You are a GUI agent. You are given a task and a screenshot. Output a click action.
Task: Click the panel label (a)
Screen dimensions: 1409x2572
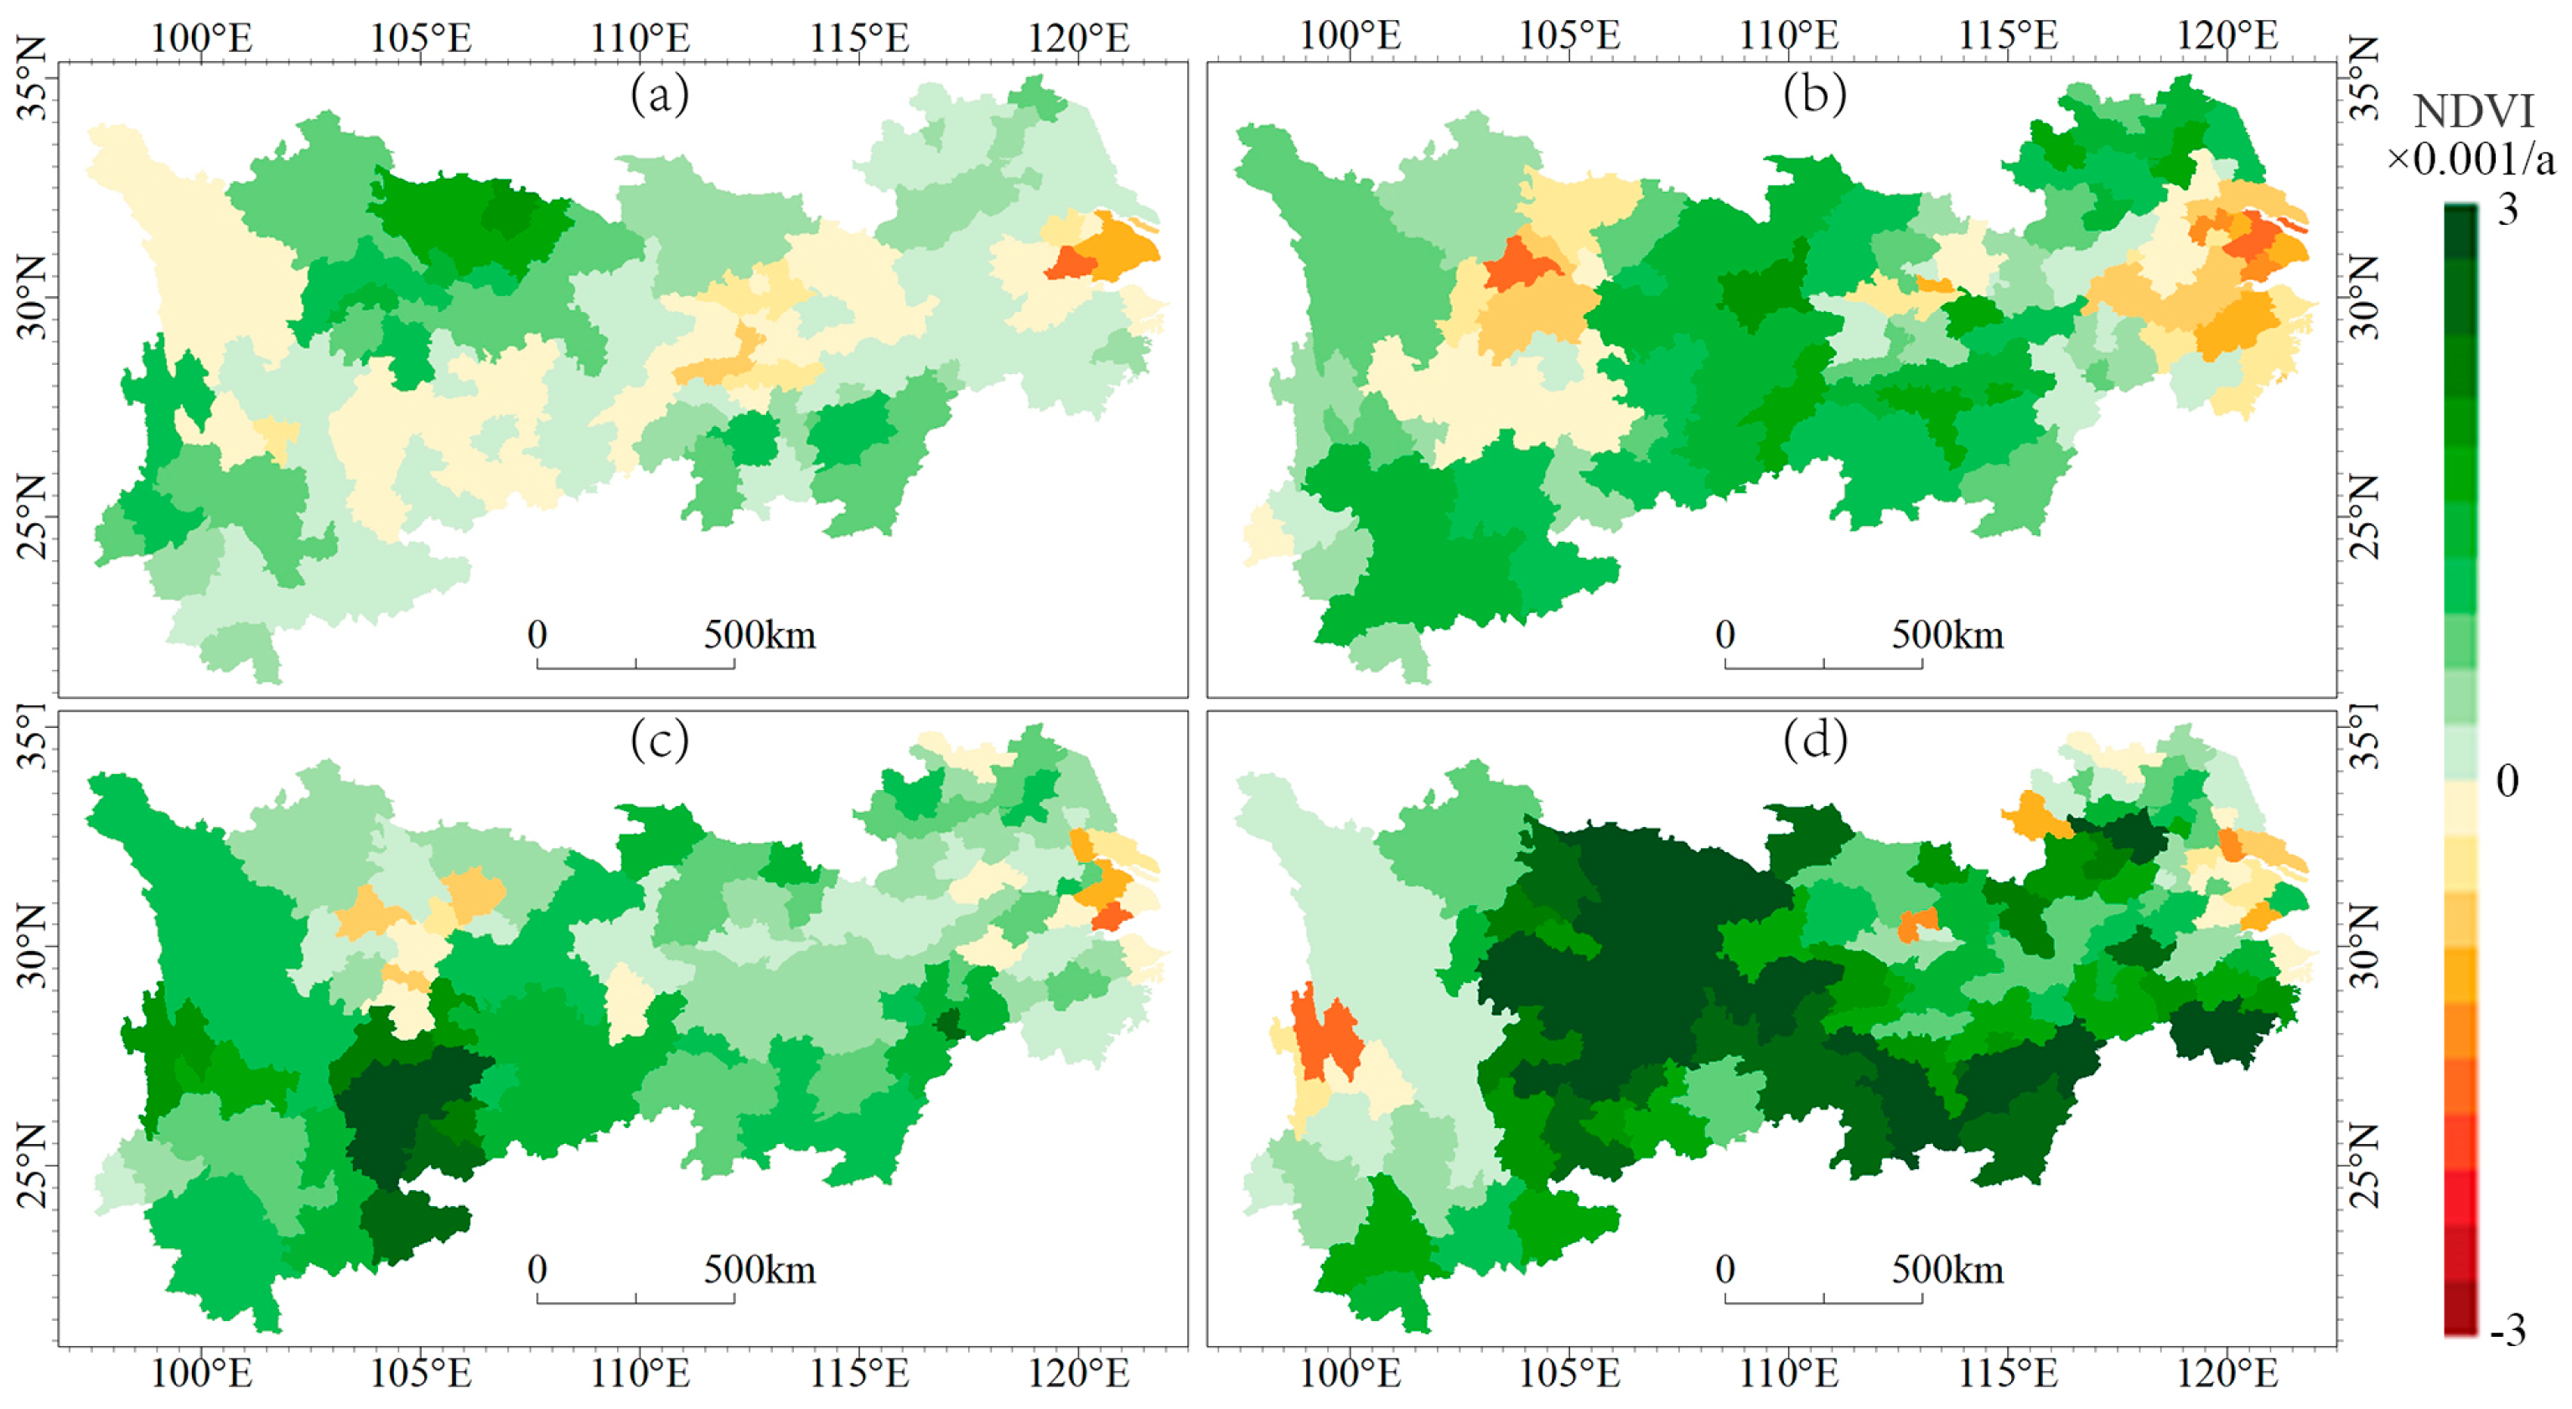[x=659, y=95]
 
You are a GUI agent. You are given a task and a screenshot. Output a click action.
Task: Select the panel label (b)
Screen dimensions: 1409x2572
[x=1813, y=95]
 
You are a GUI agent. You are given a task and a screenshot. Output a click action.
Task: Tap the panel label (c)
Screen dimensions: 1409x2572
[x=659, y=740]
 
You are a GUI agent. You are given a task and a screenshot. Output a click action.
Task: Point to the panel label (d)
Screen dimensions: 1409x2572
[x=1813, y=740]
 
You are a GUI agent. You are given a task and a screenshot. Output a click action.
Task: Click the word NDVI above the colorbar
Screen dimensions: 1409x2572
[x=2473, y=112]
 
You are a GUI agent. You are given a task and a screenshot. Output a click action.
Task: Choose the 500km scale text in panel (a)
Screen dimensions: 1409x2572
[x=759, y=635]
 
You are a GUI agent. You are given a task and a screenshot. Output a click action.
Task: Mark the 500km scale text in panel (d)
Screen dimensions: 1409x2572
[x=1947, y=1271]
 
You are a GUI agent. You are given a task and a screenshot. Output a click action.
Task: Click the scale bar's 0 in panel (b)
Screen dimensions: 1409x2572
[x=1725, y=635]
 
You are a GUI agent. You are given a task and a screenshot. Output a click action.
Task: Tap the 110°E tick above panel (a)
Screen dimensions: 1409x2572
[x=640, y=38]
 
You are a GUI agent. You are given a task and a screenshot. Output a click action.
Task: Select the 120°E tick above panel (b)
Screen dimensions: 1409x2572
[x=2227, y=36]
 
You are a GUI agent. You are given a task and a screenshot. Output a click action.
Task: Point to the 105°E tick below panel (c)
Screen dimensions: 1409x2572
[x=420, y=1374]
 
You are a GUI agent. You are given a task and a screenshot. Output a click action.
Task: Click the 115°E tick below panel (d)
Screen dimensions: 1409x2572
[x=2008, y=1374]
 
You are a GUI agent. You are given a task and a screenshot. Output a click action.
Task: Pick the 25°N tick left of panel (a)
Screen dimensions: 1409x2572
[x=32, y=517]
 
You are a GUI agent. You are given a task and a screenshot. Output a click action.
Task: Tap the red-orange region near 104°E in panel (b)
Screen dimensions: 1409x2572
[x=1520, y=266]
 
